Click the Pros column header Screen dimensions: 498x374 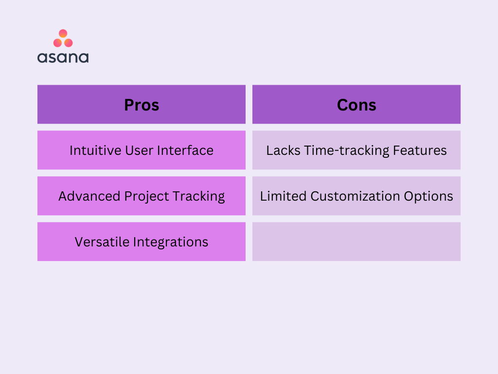tap(142, 104)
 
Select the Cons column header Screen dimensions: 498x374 tap(356, 104)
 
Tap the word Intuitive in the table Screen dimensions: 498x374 tap(95, 150)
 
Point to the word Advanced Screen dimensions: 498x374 tap(89, 196)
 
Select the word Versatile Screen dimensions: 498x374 tap(102, 242)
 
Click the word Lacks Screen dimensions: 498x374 tap(283, 150)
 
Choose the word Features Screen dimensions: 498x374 tap(420, 150)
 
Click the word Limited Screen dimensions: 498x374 tap(284, 196)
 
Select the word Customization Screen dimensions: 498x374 tap(355, 196)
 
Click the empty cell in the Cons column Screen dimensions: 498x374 tap(356, 242)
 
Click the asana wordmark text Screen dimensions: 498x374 tap(63, 57)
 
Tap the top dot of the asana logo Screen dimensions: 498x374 tap(63, 34)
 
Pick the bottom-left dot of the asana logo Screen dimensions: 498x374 tap(57, 43)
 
